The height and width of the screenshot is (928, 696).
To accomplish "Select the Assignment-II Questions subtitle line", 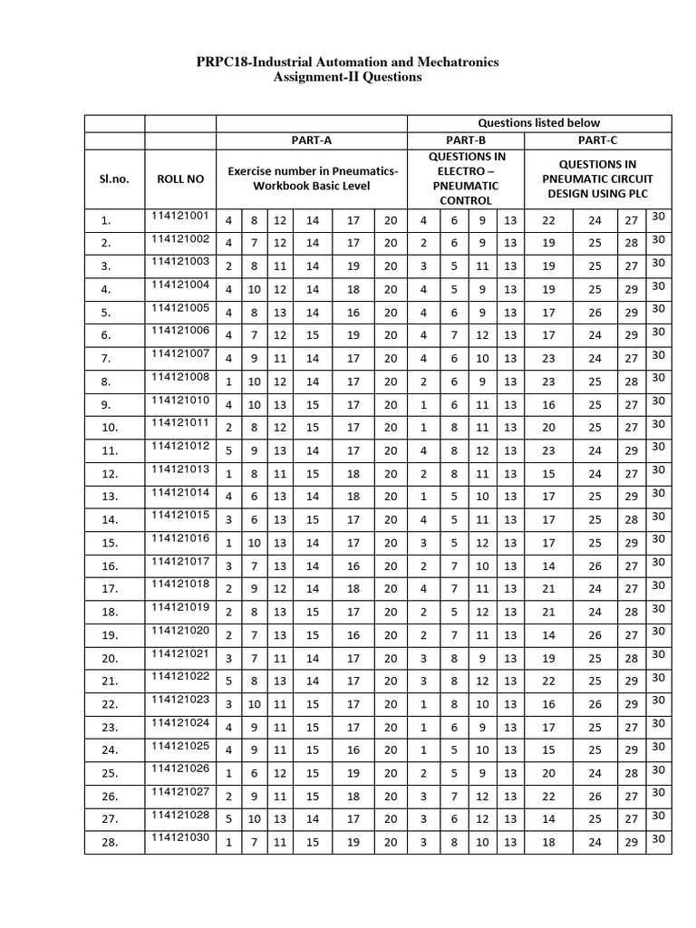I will coord(347,78).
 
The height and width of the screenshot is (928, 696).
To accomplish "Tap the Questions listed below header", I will coord(538,122).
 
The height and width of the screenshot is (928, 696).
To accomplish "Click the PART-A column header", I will coord(311,140).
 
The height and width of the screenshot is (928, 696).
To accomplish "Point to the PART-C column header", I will coord(597,140).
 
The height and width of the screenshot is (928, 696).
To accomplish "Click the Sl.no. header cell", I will coord(114,179).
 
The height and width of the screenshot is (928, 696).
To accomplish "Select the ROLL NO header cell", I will coord(180,179).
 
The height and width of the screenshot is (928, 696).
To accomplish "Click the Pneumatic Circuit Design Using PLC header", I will coord(597,179).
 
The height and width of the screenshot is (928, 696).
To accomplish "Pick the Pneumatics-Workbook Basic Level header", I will coord(312,179).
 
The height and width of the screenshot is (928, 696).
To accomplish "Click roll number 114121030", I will coord(180,836).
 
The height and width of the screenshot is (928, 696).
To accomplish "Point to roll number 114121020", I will coord(180,630).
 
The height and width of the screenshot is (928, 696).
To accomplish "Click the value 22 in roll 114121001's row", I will coord(548,220).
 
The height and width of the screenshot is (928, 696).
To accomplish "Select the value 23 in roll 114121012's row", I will coord(548,450).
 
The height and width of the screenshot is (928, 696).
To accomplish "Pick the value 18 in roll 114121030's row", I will coord(548,842).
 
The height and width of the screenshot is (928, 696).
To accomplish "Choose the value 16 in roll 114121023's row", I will coord(548,704).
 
